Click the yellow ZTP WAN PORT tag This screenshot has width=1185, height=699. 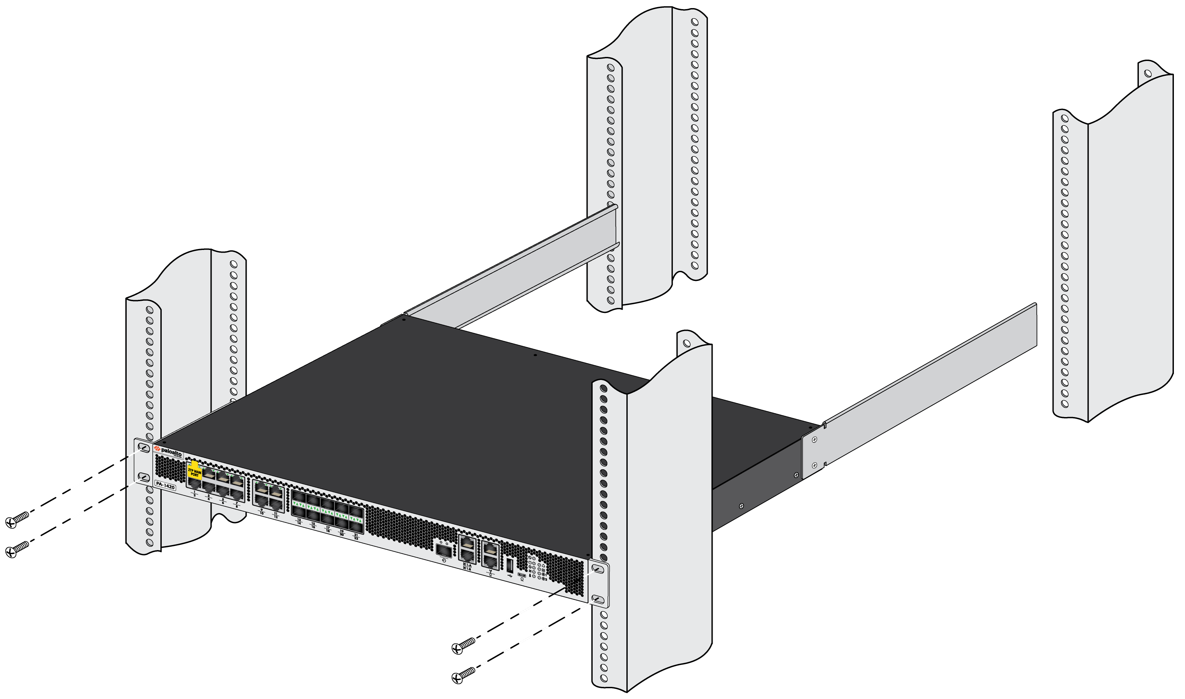coord(194,472)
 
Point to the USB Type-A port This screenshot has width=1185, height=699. coord(510,564)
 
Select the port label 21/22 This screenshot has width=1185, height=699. coord(356,537)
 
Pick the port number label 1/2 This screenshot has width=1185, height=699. coord(194,493)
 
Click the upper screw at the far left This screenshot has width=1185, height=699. coord(17,520)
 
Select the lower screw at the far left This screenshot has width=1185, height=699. coord(17,549)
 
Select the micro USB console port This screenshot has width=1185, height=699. coord(522,575)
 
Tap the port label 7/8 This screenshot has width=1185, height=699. coord(236,505)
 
